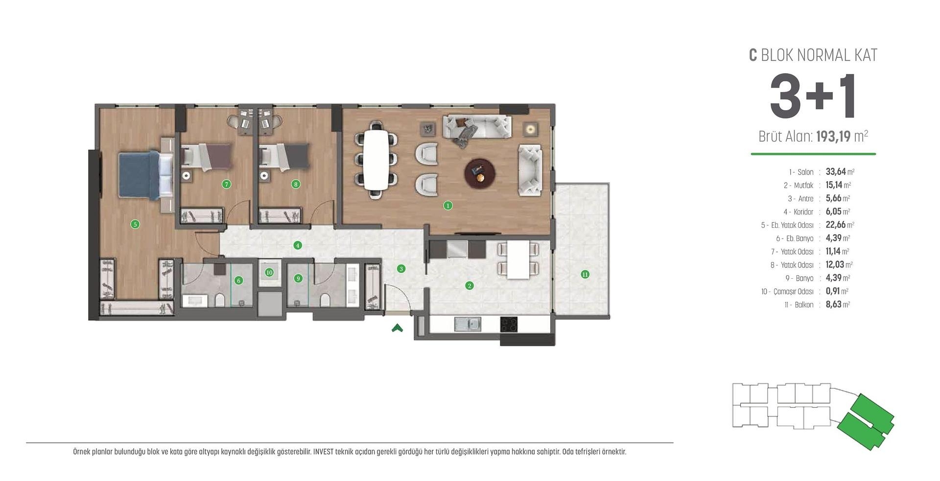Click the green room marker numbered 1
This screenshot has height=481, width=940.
tap(447, 206)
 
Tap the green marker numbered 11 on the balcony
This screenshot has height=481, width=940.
tap(585, 274)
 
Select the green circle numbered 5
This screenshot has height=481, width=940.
tap(135, 224)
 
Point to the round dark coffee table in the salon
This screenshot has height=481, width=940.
tap(479, 173)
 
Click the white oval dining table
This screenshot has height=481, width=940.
tap(376, 160)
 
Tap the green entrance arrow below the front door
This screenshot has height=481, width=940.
tap(397, 328)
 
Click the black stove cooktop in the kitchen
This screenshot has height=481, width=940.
tap(509, 324)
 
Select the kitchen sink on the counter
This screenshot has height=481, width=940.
tap(468, 324)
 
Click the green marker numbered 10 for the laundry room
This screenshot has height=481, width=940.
tap(269, 272)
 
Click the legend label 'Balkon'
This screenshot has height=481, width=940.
tap(803, 305)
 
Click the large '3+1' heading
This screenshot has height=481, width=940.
tap(813, 97)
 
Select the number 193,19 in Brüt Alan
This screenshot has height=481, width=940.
tap(833, 137)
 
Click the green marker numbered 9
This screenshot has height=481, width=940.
tap(298, 279)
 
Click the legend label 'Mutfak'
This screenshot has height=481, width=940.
tap(803, 185)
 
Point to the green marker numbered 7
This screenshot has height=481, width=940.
tap(226, 184)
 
